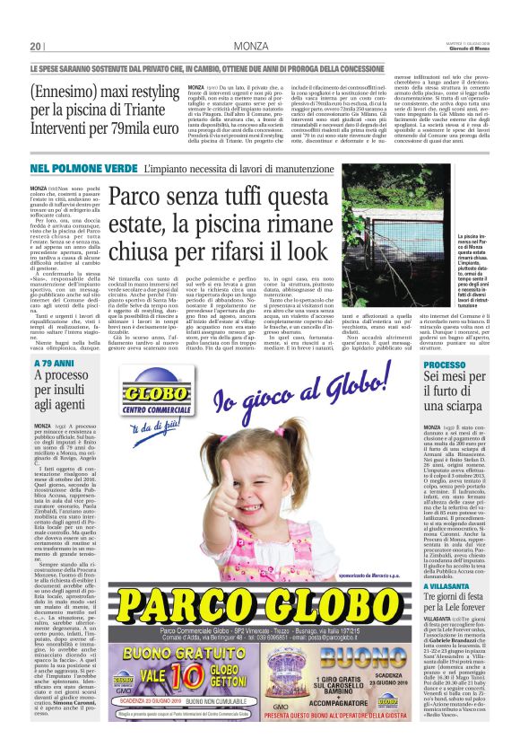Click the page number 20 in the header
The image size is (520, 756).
pos(36,46)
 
